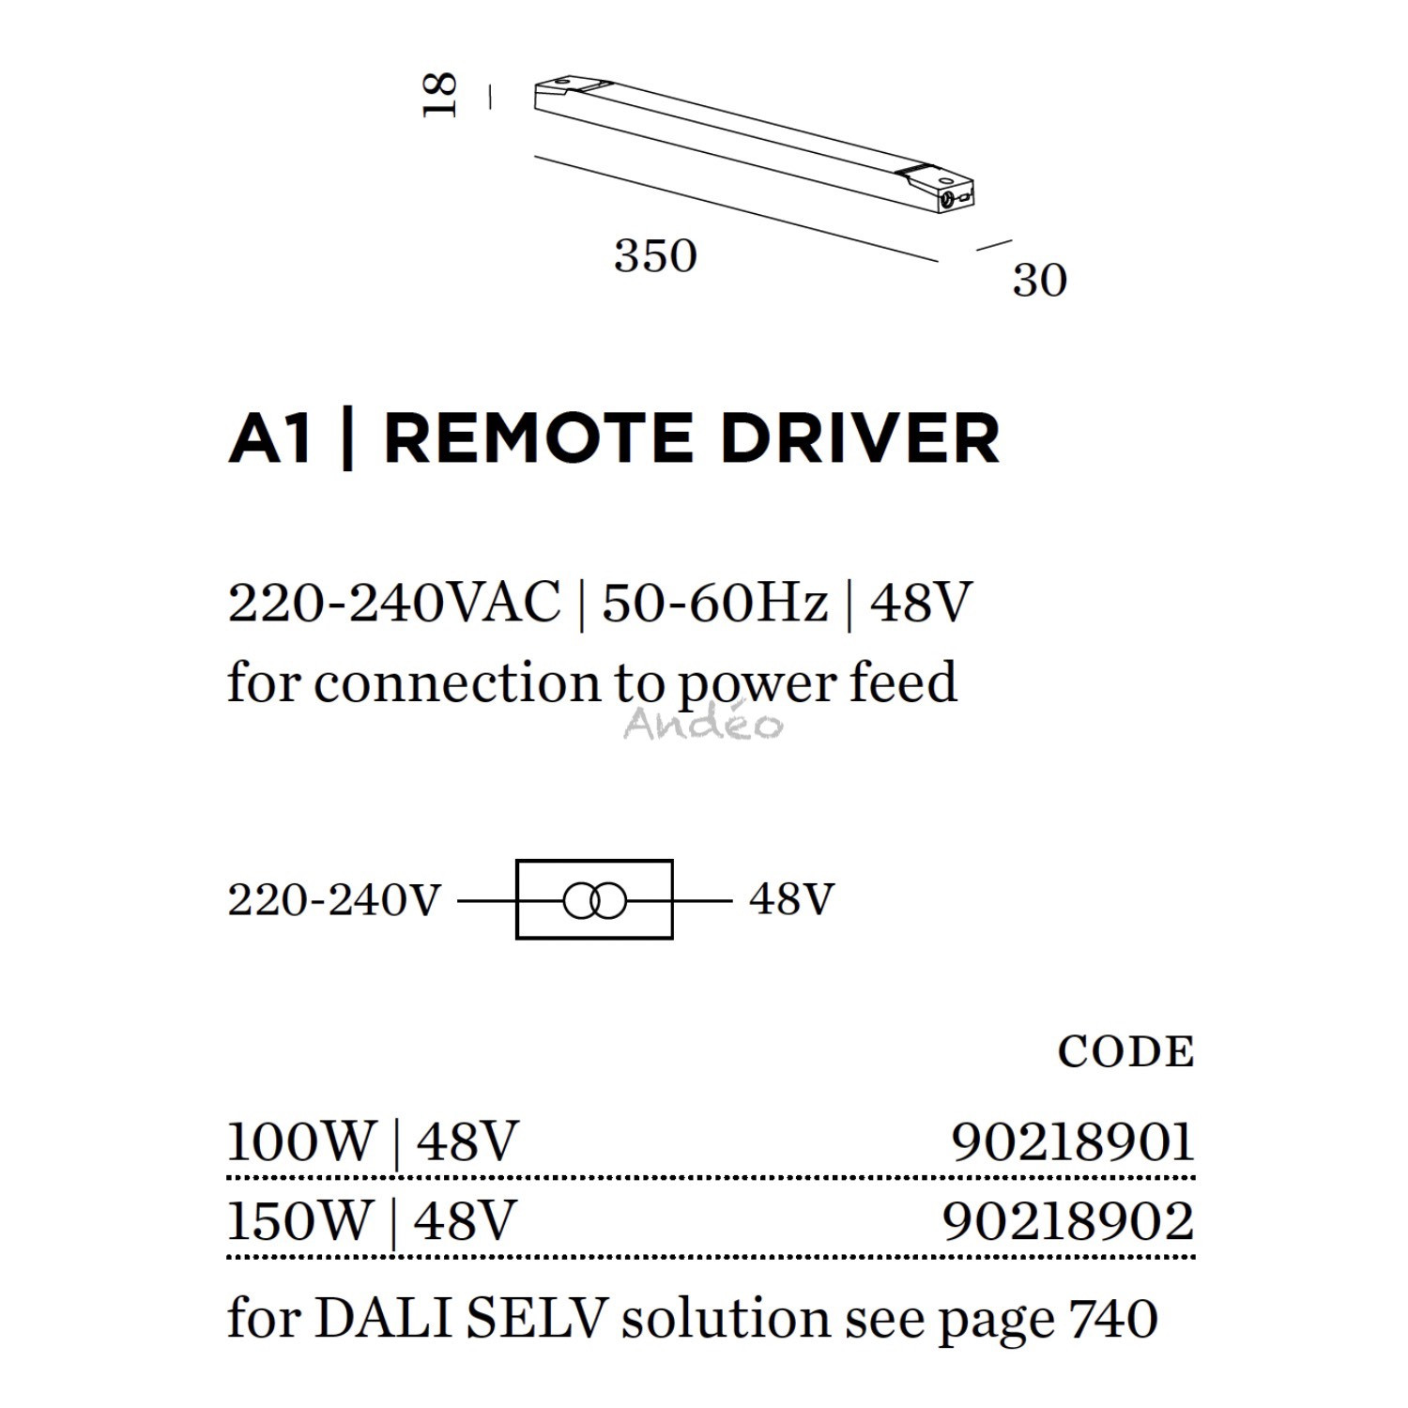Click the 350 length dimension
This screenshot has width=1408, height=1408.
tap(655, 256)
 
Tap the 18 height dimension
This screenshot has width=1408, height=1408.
tap(440, 95)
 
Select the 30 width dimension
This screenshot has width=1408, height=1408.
tap(1040, 281)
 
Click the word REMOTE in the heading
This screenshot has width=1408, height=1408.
tap(539, 438)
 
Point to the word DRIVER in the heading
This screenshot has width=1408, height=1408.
tap(860, 438)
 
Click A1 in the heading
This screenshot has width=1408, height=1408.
tap(270, 438)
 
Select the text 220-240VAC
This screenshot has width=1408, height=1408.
tap(394, 603)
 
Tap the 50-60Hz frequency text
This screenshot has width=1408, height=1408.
tap(715, 603)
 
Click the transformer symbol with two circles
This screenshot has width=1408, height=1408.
tap(594, 902)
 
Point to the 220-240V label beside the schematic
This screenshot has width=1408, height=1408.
tap(334, 900)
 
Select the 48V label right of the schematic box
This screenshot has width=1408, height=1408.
tap(791, 899)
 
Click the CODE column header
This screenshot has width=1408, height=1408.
tap(1125, 1052)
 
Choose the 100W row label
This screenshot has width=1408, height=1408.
tap(301, 1142)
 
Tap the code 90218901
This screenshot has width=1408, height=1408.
tap(1073, 1142)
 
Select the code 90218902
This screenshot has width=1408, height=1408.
tap(1068, 1221)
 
